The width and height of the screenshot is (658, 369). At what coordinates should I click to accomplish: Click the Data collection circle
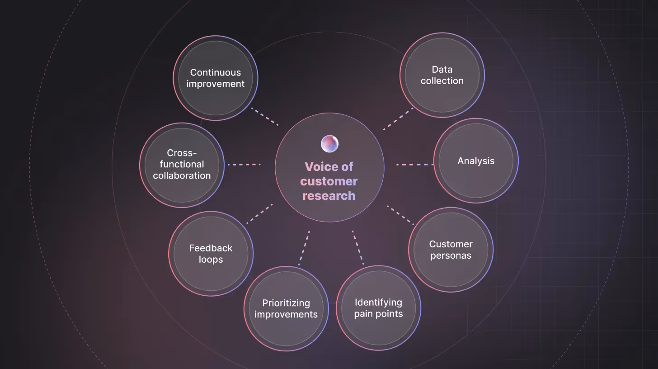tap(442, 75)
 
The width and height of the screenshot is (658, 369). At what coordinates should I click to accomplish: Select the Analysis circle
tap(476, 161)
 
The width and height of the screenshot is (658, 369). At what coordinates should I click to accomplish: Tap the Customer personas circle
tap(451, 250)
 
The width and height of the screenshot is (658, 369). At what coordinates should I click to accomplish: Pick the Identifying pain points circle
tap(378, 308)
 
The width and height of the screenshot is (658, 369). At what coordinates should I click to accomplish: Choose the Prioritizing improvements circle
tap(286, 308)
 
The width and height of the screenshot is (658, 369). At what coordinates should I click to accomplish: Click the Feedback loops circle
tap(211, 254)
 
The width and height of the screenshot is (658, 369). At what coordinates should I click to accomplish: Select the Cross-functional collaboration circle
tap(182, 165)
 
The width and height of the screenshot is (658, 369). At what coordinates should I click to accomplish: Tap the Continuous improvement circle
tap(215, 78)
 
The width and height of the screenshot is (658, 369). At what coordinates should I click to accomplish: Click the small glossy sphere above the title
tap(329, 143)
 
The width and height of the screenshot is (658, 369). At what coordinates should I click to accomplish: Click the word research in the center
tap(329, 196)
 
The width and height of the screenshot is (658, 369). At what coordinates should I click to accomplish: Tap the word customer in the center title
tap(329, 181)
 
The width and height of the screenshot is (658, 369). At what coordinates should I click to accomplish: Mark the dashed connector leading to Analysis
tap(414, 165)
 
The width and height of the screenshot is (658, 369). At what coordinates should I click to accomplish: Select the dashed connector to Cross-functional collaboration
tap(244, 165)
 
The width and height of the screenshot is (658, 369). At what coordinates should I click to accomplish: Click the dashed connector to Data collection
tap(398, 119)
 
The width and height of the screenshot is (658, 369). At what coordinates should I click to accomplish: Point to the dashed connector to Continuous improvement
tap(264, 117)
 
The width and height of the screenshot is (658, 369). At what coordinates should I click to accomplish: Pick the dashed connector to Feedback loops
tap(259, 213)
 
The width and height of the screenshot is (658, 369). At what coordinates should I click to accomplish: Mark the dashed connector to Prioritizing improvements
tap(304, 248)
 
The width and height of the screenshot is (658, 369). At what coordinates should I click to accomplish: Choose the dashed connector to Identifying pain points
tap(357, 247)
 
